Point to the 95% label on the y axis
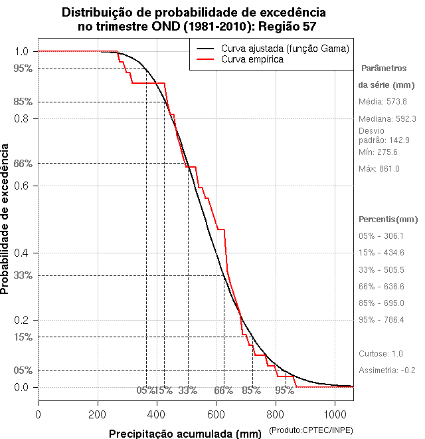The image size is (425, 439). point(23,69)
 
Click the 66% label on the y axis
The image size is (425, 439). point(23,163)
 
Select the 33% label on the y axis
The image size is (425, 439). point(23,275)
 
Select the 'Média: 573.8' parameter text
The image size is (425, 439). point(382,102)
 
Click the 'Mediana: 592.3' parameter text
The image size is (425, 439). point(387,118)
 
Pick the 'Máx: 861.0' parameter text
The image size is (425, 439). point(379,169)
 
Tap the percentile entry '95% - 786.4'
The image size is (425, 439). point(381,320)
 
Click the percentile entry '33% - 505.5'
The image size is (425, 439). point(381,269)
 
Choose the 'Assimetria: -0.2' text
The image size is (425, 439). point(386,370)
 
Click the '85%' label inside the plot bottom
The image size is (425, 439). point(251,390)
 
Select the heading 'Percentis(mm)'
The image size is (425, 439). point(388,219)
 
